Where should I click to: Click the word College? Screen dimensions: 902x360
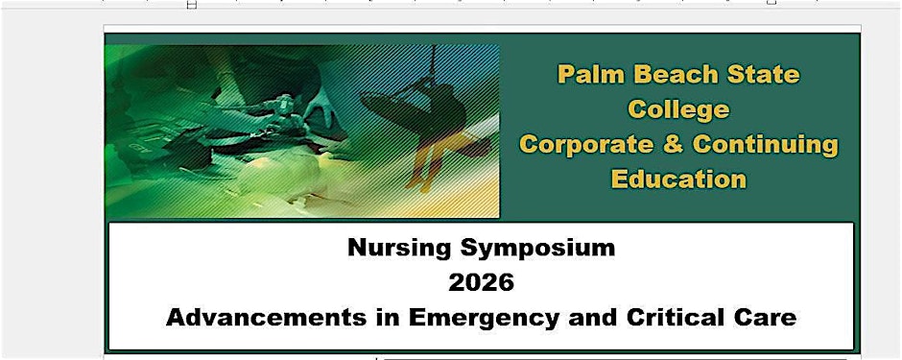point(678,109)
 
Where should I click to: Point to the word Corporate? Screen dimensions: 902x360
point(585,144)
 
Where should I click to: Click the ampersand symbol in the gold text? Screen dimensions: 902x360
point(672,144)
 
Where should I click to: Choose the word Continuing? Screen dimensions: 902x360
point(766,145)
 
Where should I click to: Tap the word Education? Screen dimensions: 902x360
point(678,179)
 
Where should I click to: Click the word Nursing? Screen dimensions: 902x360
point(398,249)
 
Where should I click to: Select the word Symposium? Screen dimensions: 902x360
point(538,249)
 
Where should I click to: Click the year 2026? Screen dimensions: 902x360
point(481,283)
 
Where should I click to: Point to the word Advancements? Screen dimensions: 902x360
point(266,318)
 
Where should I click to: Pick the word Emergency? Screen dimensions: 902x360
point(482,319)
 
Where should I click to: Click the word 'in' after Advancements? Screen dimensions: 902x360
point(387,318)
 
